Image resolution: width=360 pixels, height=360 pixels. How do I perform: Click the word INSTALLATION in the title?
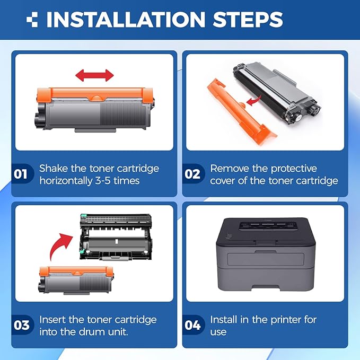125,20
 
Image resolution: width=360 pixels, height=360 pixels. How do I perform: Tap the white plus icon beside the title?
33,20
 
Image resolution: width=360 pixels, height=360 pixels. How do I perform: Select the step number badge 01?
21,174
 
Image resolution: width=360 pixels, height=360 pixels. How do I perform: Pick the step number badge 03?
21,325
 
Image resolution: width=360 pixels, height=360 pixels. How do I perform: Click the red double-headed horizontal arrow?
94,75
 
